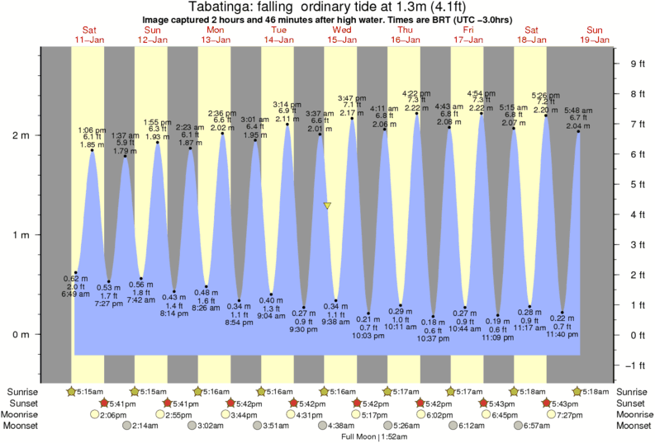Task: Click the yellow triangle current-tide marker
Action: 328,205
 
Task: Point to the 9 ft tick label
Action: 637,64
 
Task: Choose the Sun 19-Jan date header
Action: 595,35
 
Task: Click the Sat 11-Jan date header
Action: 89,35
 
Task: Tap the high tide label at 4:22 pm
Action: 416,101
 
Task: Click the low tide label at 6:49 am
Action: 74,285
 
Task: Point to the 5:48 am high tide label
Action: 578,119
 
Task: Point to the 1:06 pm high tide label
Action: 92,138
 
